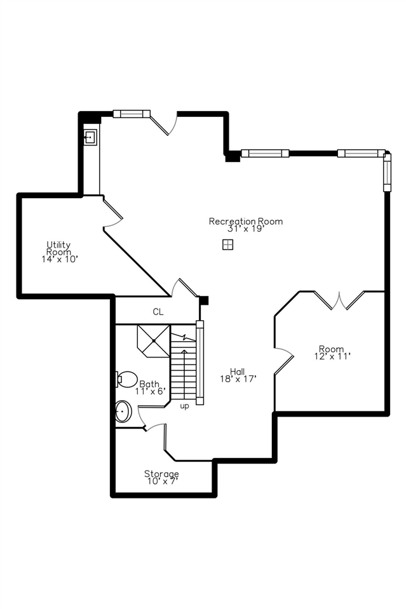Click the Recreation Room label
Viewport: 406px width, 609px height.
245,221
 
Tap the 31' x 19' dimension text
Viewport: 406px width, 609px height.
245,229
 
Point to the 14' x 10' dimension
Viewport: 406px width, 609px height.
58,259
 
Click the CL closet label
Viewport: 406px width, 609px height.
158,312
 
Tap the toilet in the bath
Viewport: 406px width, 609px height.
127,379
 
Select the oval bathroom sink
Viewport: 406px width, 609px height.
122,412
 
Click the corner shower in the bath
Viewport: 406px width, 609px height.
154,341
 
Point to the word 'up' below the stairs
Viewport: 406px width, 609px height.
184,406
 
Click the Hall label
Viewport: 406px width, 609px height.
237,371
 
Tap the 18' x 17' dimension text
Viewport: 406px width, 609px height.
237,379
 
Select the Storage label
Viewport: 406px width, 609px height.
161,474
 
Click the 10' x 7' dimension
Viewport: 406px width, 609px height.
161,481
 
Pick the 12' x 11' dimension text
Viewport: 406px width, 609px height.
331,356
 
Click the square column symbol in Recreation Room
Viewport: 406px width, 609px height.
227,245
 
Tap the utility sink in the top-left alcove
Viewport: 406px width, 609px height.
90,137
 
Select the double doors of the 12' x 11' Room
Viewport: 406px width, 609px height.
340,300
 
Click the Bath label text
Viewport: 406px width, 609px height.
150,384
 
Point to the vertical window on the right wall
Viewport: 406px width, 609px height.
386,171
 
